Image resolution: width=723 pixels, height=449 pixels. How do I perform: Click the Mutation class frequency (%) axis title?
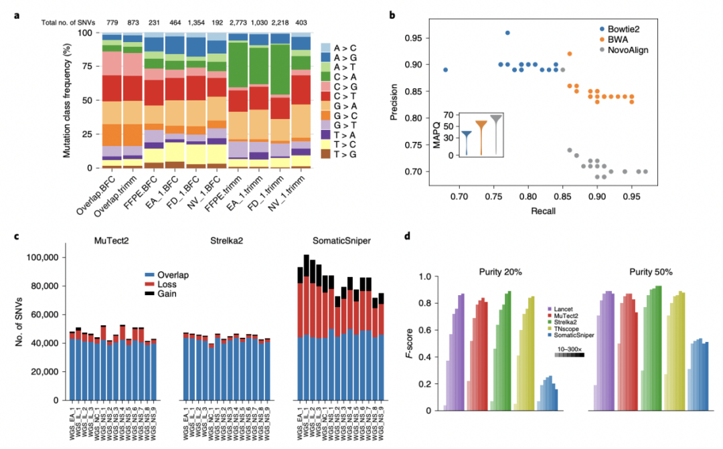coord(68,100)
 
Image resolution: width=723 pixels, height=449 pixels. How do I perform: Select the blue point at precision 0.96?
coord(507,33)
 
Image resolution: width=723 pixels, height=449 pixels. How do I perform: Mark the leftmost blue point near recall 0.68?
coord(445,70)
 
